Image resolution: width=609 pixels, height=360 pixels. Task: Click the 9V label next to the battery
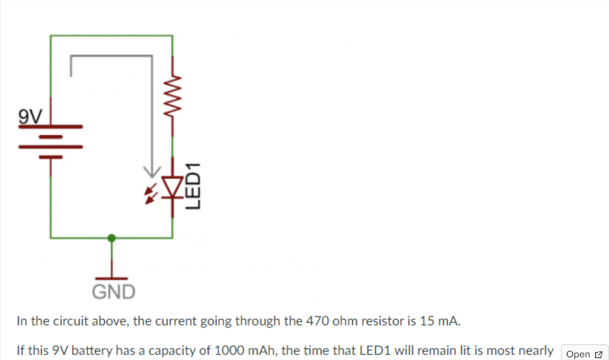[30, 116]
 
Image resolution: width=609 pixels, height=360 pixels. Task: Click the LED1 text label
[194, 186]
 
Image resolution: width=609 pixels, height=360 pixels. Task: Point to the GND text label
[114, 292]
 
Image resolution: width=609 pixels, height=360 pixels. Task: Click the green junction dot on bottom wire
[111, 238]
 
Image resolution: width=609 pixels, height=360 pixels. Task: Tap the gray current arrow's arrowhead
[152, 172]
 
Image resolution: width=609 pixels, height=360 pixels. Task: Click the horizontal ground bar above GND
[111, 278]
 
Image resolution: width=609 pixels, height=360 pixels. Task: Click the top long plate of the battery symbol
[51, 127]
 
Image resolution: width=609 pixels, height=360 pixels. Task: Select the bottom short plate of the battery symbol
[51, 157]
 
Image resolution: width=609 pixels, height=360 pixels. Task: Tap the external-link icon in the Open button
[598, 354]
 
